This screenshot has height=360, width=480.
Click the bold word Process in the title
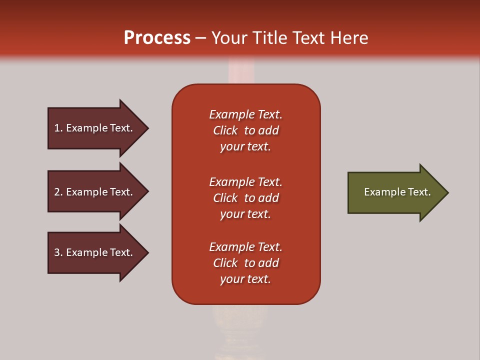[x=157, y=38]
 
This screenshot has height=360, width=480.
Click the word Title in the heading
[x=270, y=38]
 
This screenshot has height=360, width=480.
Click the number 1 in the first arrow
[x=57, y=128]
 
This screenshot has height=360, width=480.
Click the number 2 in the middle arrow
[x=57, y=192]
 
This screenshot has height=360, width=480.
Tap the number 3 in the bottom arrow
[x=57, y=252]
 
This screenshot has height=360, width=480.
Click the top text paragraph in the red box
[x=245, y=130]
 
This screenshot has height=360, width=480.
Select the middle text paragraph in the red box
[x=245, y=198]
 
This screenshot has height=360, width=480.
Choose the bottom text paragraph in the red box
[x=245, y=263]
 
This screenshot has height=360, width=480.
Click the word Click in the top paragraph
[x=225, y=130]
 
